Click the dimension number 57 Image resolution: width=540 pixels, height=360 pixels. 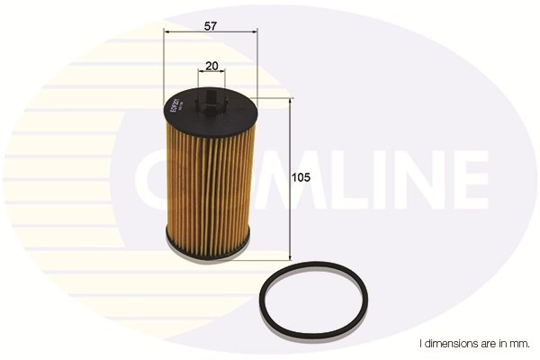[x=210, y=26]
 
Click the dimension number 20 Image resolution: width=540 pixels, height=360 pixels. [x=211, y=65]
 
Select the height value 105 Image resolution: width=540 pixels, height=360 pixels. [x=301, y=178]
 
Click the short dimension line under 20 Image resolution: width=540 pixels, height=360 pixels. [x=211, y=75]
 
